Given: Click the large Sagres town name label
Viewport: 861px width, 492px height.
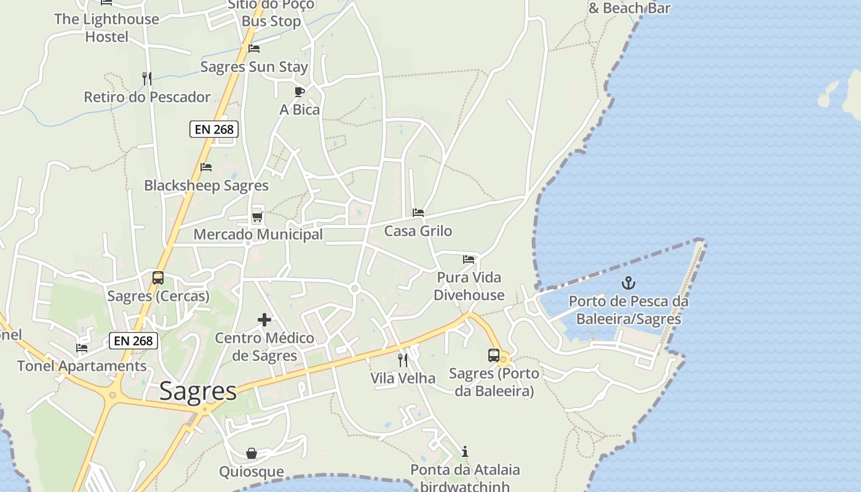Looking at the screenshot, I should point(198,391).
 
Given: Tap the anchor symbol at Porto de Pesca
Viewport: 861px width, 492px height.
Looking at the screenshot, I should point(628,283).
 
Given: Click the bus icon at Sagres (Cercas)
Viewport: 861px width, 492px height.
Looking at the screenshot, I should point(158,278).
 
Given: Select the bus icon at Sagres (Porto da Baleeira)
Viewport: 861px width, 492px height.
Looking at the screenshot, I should point(493,355).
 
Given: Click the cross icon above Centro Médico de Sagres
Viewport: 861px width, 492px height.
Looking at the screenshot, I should point(264,320).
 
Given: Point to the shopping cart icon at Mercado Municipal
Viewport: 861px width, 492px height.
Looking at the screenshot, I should point(257,216).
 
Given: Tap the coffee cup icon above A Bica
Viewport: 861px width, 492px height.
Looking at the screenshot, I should point(300,92).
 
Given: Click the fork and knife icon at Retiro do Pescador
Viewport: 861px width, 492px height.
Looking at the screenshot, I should point(146,78).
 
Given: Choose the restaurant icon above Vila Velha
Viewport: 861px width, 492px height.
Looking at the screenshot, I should point(403,360).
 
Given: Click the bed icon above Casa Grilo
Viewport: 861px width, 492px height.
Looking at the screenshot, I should point(418,213).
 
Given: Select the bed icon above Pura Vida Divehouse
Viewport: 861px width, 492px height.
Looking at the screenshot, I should point(469,259).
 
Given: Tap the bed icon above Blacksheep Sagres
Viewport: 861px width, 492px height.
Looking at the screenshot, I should point(206,167).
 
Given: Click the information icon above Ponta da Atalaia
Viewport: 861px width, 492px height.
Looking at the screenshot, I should point(465,452).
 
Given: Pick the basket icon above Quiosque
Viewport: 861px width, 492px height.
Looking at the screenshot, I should point(252,454).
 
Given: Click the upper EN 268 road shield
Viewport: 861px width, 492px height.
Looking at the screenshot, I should point(213,129).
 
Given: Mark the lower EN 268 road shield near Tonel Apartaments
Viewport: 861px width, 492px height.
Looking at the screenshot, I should point(133,341).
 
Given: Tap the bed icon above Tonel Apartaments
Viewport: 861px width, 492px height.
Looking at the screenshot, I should point(82,348).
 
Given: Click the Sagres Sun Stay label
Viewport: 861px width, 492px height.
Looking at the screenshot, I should point(255,66).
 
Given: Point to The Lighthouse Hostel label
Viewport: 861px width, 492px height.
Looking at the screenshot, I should point(106,28).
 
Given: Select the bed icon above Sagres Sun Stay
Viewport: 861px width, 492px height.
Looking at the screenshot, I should point(254,49).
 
